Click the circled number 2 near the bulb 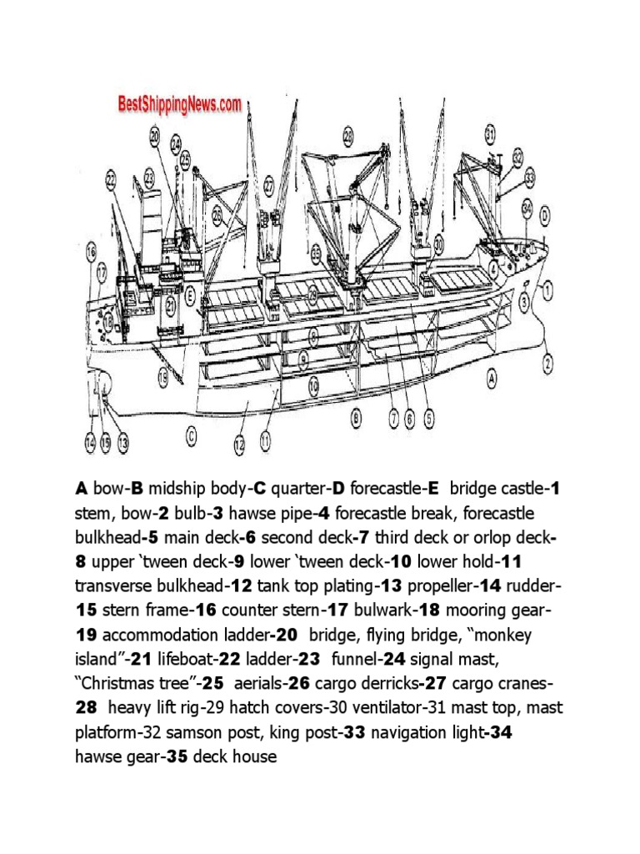tap(548, 362)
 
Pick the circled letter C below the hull tap(192, 434)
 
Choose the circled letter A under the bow tap(492, 377)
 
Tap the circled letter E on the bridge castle tap(191, 294)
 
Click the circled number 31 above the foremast tap(490, 133)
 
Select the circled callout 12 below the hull tap(239, 446)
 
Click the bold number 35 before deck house tap(177, 756)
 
